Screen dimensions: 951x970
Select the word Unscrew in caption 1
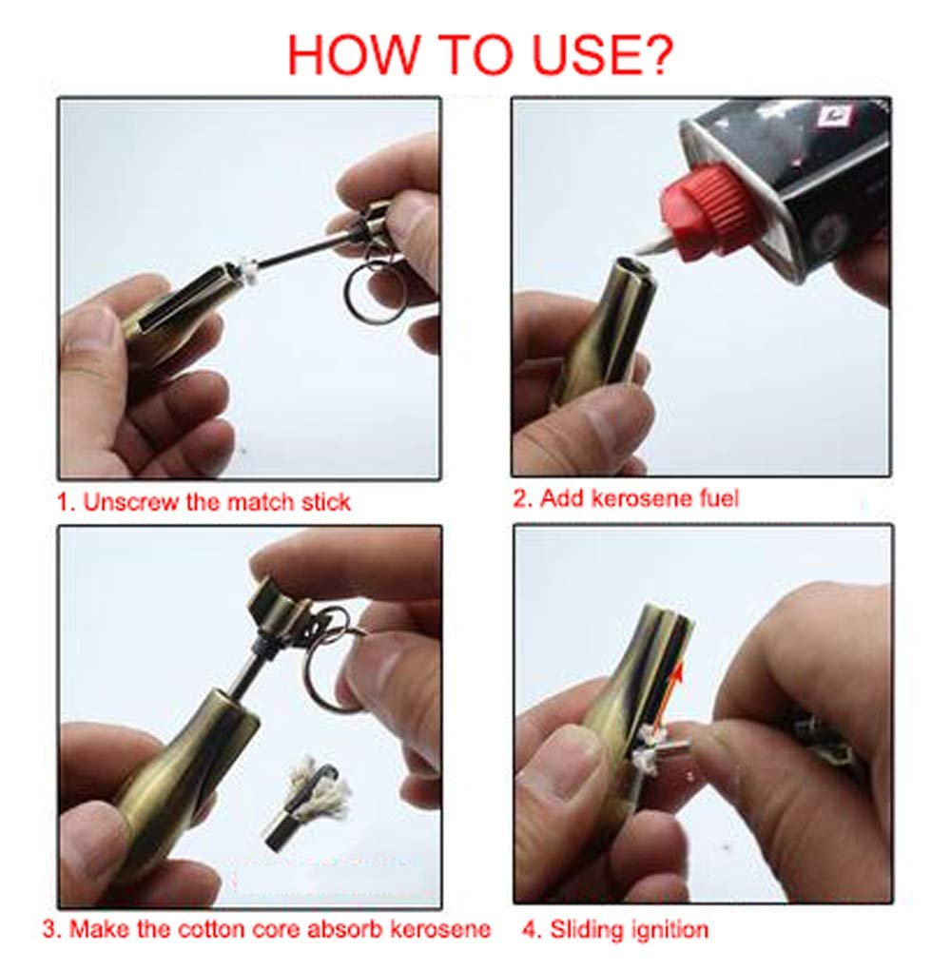click(131, 501)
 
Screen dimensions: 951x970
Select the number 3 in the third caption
click(49, 929)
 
